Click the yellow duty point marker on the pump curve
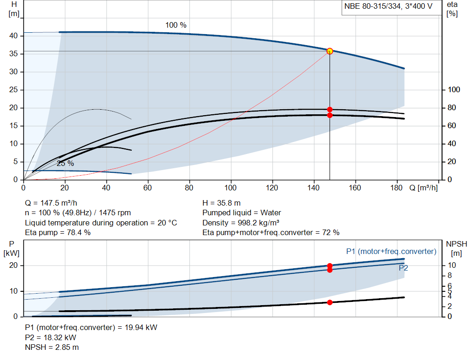click(330, 51)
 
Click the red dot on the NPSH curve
click(330, 302)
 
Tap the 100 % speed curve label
click(176, 25)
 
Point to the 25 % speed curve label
click(65, 164)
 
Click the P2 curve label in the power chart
click(403, 268)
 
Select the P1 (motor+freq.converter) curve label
click(391, 251)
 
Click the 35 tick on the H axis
click(13, 53)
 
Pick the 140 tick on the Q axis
click(313, 188)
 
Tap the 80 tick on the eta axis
click(452, 107)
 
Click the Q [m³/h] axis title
click(424, 188)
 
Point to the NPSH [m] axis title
click(456, 248)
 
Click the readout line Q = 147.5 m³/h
click(51, 203)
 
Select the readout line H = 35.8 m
click(222, 203)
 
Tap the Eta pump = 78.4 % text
click(58, 233)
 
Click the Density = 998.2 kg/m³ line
click(241, 223)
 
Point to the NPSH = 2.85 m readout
click(52, 348)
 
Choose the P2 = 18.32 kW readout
click(51, 337)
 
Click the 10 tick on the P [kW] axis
click(13, 291)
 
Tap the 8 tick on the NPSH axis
click(449, 276)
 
